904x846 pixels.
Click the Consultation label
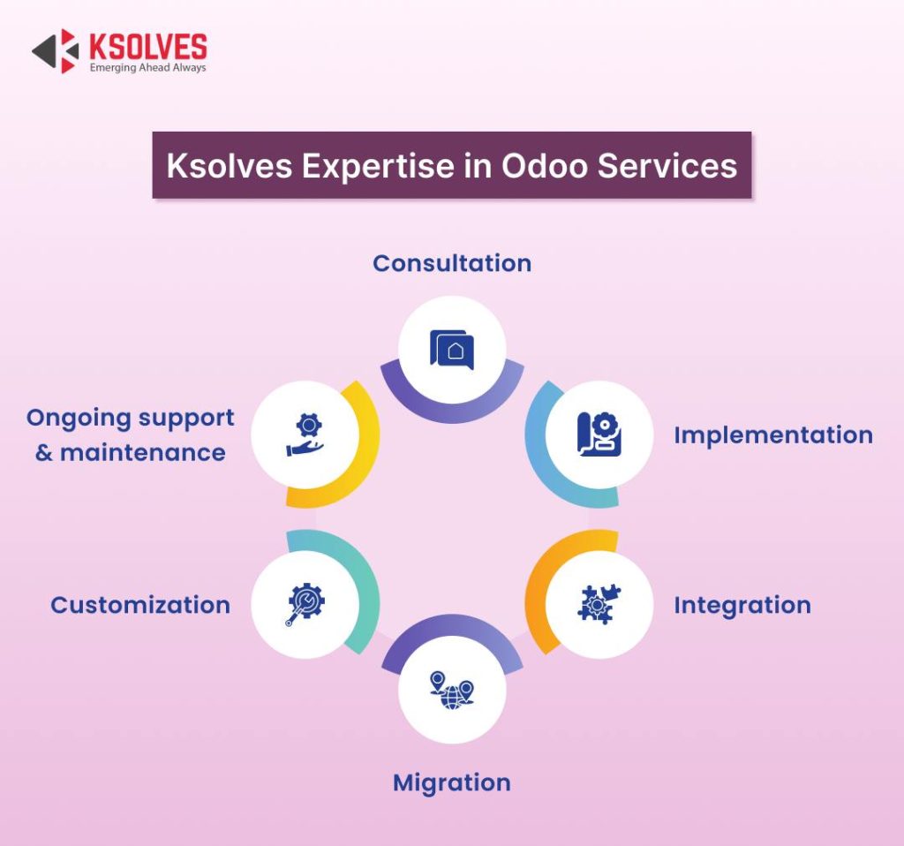point(452,263)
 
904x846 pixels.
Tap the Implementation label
point(773,434)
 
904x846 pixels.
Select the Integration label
point(742,605)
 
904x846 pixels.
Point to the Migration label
point(452,782)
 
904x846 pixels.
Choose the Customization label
point(140,605)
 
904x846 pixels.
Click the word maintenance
point(142,453)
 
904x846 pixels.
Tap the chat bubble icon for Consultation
point(452,350)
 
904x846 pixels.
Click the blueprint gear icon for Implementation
point(599,434)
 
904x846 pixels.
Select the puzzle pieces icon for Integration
point(599,604)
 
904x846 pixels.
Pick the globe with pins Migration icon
point(452,690)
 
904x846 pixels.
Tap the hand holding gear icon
point(305,434)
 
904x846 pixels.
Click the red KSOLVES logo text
point(148,47)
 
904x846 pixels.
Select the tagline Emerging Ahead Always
point(147,67)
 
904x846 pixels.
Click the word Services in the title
point(667,165)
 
